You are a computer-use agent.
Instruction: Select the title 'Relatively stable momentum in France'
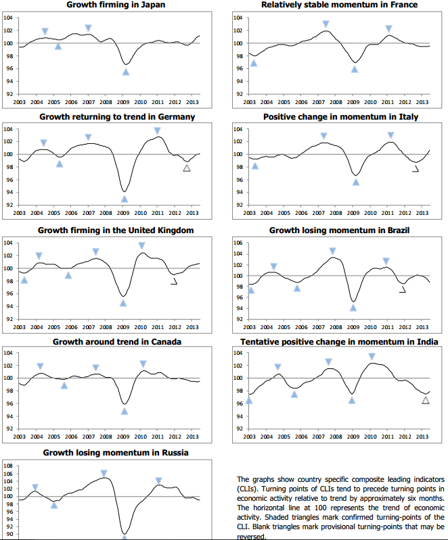339,5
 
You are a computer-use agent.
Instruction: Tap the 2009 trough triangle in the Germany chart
125,199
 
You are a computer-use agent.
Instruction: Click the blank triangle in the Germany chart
187,168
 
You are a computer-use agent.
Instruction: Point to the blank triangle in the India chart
426,400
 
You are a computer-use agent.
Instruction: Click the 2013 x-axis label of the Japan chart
192,102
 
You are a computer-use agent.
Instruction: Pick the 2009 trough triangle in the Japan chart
126,72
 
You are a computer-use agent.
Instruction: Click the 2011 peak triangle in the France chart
389,28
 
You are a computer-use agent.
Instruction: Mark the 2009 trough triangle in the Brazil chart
353,308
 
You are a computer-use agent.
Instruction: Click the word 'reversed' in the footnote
252,537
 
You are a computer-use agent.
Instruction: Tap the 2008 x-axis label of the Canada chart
107,437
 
